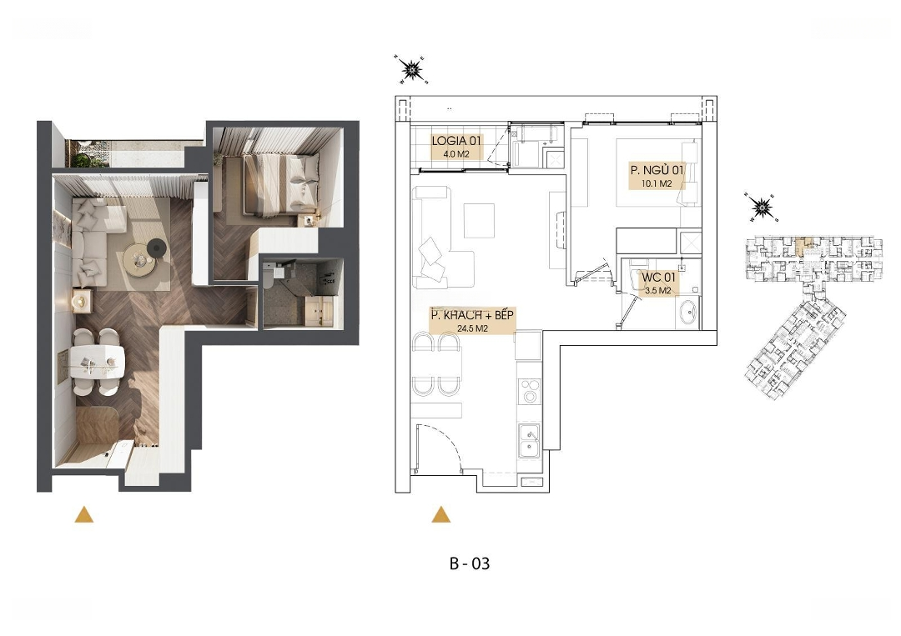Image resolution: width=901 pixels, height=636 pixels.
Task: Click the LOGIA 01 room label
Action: point(456,141)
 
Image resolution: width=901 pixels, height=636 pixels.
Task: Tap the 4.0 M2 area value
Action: point(456,154)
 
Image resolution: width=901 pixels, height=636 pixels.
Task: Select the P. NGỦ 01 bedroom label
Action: point(657,170)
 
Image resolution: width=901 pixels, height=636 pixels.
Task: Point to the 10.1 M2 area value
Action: point(657,183)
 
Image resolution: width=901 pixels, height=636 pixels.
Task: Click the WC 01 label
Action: point(658,278)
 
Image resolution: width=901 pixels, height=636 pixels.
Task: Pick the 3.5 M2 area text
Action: point(658,290)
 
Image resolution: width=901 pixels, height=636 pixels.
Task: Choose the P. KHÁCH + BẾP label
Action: point(472,315)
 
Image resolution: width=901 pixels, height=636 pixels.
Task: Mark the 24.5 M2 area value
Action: point(472,329)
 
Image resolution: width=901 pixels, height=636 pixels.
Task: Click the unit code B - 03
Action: point(470,563)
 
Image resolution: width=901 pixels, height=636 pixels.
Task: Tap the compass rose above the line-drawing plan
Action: point(411,70)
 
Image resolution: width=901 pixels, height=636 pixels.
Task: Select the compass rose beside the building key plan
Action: point(762,208)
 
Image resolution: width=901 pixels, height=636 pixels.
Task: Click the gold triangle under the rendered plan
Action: point(84,514)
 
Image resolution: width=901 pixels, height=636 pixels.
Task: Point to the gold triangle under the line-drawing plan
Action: point(440,514)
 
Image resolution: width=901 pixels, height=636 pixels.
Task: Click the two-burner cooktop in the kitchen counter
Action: point(529,390)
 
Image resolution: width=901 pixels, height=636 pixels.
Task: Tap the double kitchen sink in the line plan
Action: point(529,440)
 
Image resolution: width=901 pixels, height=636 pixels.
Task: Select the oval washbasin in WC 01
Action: point(687,313)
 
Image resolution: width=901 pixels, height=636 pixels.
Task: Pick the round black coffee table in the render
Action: point(156,248)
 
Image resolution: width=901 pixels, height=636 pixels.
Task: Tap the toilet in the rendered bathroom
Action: point(269,275)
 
